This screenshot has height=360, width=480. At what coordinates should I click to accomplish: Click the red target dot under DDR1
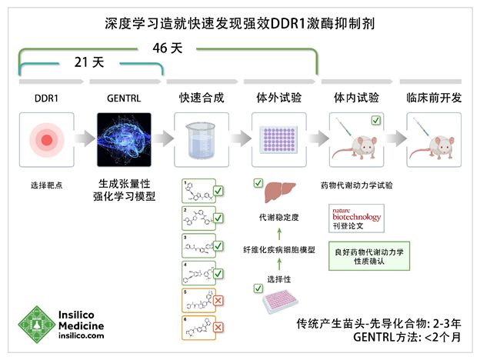[x=45, y=140]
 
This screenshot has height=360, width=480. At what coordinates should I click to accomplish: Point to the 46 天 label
[x=167, y=48]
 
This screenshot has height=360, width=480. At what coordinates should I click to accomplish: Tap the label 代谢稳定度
[x=279, y=218]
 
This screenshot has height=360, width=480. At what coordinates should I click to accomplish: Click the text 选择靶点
[x=45, y=185]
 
